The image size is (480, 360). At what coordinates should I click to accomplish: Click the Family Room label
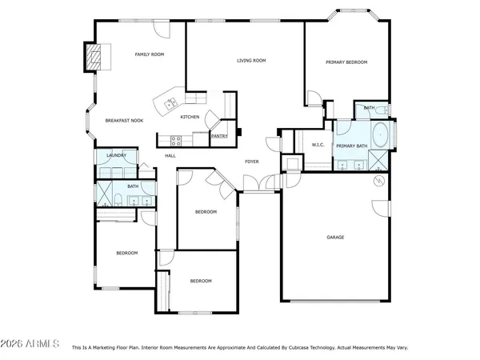point(149,54)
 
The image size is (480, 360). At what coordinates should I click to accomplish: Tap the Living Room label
point(251,61)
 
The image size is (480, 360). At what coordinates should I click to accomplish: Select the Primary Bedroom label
point(346,62)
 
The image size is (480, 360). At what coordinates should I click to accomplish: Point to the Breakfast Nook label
point(124,121)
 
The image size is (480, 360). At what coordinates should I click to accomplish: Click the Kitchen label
point(190,118)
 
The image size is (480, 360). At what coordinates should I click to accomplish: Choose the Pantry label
point(219,136)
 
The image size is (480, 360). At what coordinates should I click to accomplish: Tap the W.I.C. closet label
point(317,145)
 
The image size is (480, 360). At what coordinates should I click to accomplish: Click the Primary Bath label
point(351,146)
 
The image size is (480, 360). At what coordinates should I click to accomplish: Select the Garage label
point(335,238)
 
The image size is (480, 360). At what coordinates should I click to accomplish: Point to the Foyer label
point(251,162)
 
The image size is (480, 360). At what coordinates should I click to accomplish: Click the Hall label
point(170,155)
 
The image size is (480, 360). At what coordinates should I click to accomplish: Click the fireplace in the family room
point(95,58)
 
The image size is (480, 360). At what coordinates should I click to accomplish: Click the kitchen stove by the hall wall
point(175,139)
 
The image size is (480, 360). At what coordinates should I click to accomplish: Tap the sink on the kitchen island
point(170,102)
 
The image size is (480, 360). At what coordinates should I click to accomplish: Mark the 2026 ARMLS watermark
point(30,343)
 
